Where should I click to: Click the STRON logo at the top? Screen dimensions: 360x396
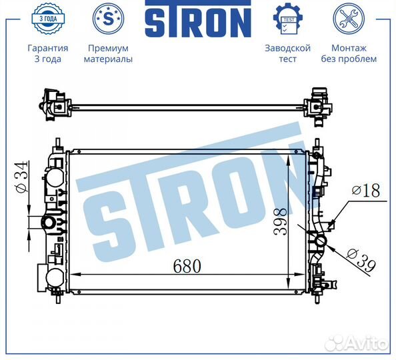[197, 21]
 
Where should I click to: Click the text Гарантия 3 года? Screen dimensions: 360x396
[47, 53]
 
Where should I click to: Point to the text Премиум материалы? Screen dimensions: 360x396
[107, 53]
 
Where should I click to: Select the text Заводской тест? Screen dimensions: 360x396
[288, 53]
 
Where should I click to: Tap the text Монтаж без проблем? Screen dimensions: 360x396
[354, 53]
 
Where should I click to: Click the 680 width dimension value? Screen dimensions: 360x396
[187, 265]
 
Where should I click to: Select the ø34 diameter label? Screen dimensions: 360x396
[21, 179]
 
